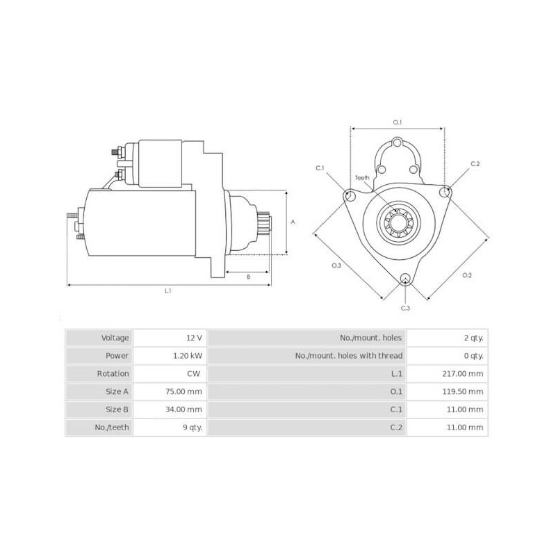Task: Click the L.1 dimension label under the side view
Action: click(168, 291)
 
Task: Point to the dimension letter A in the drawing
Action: click(293, 222)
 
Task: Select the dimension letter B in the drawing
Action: click(249, 277)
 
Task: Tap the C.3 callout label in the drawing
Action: click(405, 307)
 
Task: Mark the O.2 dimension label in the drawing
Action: click(467, 275)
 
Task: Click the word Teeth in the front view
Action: click(363, 178)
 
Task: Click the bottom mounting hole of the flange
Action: click(406, 279)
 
